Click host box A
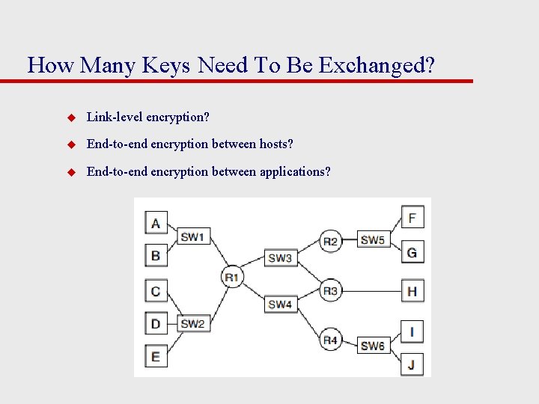156,223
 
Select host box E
156,356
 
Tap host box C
156,291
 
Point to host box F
412,218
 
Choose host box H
412,291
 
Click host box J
412,364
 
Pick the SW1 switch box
192,236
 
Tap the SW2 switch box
192,324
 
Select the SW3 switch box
280,257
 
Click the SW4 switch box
280,304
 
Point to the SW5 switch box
372,240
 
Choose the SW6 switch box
372,346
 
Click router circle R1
231,278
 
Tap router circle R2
330,241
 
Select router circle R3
330,291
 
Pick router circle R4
330,340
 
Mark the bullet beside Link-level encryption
72,117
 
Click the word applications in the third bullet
294,172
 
